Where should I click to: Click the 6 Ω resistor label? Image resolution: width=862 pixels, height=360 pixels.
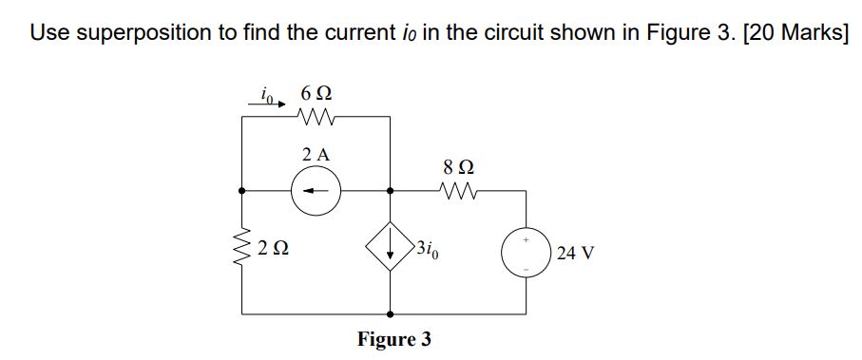315,95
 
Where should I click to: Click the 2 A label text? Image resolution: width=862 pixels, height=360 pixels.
315,154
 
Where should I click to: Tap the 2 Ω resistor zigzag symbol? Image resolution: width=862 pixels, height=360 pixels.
242,251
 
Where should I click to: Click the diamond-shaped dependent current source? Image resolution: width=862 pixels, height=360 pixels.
391,253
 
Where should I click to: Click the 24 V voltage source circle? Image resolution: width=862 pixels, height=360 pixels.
527,253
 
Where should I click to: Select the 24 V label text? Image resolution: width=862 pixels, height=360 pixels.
577,254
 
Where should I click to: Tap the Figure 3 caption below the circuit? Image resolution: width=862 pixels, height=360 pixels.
393,338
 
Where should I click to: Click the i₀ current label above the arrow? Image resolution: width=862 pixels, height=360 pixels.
266,93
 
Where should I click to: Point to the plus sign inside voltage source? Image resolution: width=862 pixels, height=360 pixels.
527,241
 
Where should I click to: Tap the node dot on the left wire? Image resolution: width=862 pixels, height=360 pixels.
242,190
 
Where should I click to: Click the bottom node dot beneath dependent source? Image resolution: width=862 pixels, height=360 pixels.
391,313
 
